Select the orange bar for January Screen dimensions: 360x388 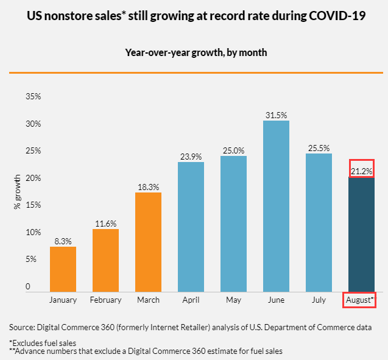[63, 269]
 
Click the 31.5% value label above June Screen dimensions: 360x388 [276, 115]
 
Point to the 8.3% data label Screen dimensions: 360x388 [63, 241]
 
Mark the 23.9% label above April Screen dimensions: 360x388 [191, 156]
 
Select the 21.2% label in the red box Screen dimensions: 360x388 [361, 170]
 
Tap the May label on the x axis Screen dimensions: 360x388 [233, 300]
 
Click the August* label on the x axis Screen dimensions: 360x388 [360, 300]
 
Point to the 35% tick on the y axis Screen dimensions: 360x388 [32, 97]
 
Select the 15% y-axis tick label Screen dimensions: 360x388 [32, 205]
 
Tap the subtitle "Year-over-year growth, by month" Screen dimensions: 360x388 [196, 52]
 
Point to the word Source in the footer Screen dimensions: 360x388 [22, 327]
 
